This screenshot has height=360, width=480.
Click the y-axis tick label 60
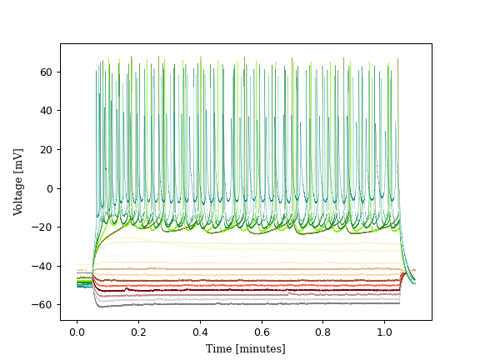click(x=46, y=72)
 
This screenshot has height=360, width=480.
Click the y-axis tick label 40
click(x=46, y=111)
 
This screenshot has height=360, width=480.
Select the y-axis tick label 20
click(x=46, y=149)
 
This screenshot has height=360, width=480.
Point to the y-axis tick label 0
click(x=48, y=188)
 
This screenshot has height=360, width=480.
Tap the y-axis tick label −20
click(x=43, y=227)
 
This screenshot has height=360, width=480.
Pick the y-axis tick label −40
click(x=43, y=266)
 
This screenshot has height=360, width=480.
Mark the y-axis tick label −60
click(x=43, y=305)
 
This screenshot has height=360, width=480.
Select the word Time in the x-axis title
click(x=219, y=348)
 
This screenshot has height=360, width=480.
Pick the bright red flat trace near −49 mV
click(x=250, y=284)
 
